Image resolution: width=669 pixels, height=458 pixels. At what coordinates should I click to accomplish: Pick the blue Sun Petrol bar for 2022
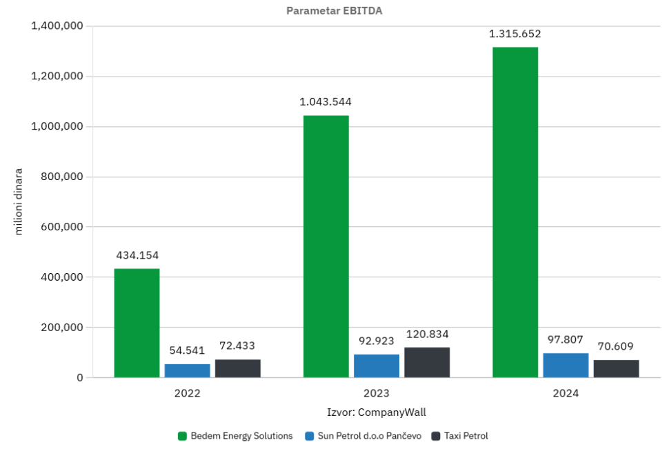187,370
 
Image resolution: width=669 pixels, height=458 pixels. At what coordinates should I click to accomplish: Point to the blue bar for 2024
566,365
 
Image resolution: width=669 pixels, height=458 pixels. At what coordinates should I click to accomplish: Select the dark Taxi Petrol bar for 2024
616,368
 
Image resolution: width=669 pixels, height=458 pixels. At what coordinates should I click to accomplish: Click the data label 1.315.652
515,34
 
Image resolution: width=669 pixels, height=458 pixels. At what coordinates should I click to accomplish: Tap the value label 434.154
137,255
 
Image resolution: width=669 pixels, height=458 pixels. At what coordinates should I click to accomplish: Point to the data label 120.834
427,334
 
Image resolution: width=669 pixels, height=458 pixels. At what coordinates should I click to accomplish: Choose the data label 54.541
187,350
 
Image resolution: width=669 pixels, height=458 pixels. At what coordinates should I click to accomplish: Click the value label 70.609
616,346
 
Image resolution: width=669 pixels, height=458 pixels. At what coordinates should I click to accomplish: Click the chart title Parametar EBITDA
334,11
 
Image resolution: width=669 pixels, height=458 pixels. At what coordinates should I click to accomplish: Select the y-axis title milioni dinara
19,201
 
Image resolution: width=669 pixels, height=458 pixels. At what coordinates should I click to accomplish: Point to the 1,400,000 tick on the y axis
57,26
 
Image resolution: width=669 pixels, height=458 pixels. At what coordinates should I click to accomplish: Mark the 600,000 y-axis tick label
61,227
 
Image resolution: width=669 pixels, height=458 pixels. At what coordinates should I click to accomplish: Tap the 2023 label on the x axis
377,394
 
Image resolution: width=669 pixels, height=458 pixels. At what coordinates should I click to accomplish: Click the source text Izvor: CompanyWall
377,412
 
